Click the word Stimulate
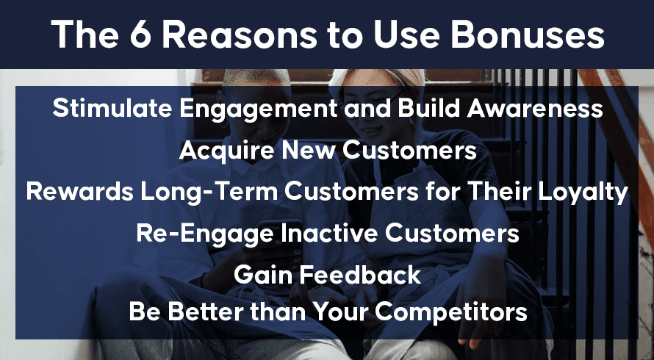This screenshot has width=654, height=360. point(112,108)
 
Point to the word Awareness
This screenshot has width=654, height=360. point(535,108)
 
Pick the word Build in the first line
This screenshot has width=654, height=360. point(429,108)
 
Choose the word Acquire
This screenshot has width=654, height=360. point(227,150)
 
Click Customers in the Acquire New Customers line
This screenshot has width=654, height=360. point(409,150)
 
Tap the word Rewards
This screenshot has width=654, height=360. point(79,192)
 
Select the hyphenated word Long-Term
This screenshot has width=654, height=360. point(209,192)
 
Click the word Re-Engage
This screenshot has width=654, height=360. point(205,234)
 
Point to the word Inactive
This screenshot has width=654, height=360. point(328,233)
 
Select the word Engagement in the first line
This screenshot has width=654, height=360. point(258,109)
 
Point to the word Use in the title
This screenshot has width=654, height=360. point(406,35)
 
